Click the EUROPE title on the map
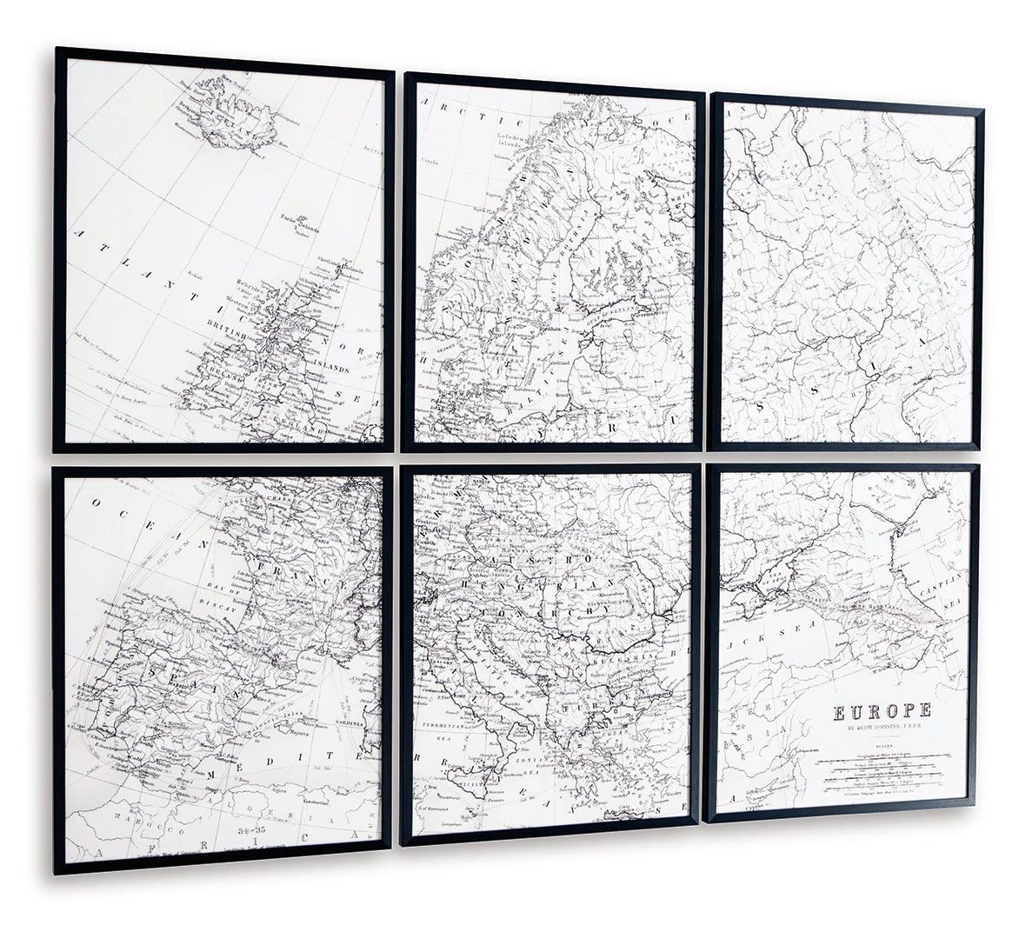pyautogui.click(x=882, y=711)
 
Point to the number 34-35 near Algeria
pyautogui.click(x=252, y=829)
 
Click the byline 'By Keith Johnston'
pyautogui.click(x=882, y=729)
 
